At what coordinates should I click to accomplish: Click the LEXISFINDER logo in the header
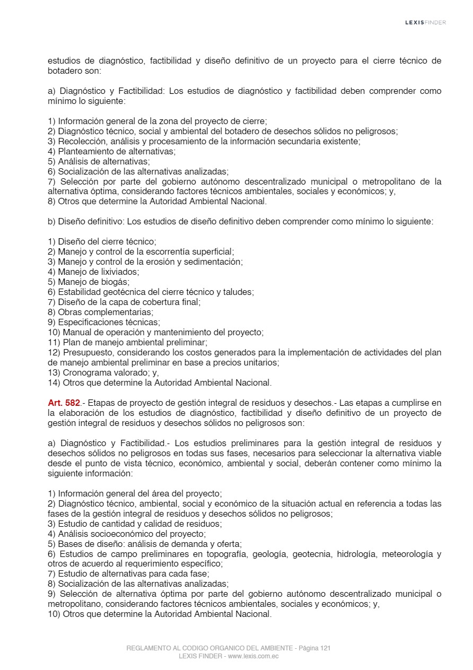(x=425, y=22)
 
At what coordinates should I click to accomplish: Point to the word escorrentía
(x=173, y=251)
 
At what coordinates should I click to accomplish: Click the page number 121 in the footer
(x=326, y=648)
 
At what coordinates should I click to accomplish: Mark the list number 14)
(x=54, y=382)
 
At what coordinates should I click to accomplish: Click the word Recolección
(x=81, y=141)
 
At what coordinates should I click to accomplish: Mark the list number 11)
(x=54, y=342)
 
